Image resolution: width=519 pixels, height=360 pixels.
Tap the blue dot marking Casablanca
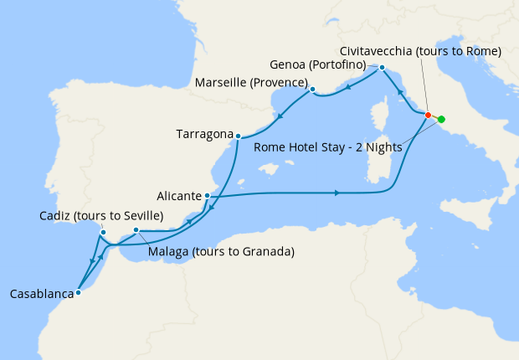tap(78, 292)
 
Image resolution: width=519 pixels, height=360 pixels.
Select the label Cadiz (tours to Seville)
tap(100, 216)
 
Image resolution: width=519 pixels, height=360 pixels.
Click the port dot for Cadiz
tap(103, 233)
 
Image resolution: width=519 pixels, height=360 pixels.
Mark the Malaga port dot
tap(136, 229)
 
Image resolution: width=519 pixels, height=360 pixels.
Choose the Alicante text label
tap(179, 195)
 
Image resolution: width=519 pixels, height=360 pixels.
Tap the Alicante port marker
tap(207, 196)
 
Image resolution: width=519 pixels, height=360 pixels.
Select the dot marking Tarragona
tap(239, 136)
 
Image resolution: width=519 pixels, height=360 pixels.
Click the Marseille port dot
tap(311, 89)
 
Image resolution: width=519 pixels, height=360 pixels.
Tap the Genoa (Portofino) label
tap(321, 64)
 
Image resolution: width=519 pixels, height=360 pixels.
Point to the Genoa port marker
tap(382, 67)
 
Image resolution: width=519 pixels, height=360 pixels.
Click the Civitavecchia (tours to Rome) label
tap(421, 51)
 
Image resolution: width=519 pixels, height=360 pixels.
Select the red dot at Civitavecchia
tap(428, 115)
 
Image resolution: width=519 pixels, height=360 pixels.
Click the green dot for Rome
tap(441, 119)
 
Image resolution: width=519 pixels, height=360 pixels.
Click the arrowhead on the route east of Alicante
tap(337, 193)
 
